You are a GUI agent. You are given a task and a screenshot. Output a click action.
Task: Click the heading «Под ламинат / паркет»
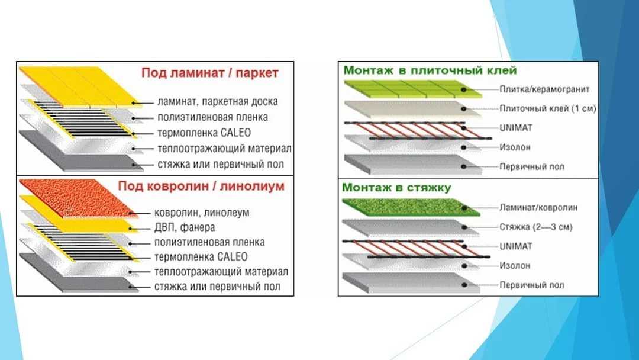210,73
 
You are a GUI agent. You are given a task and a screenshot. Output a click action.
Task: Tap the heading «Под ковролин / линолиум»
201,187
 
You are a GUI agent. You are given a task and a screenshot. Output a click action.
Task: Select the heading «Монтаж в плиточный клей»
430,70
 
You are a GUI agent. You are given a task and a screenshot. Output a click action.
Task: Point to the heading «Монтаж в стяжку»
396,188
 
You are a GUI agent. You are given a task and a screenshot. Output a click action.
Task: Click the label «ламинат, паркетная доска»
218,102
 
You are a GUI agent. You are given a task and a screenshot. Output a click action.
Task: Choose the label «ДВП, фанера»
185,227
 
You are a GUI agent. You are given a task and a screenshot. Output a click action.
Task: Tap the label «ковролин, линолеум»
202,213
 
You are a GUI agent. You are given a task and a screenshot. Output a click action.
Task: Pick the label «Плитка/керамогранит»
544,89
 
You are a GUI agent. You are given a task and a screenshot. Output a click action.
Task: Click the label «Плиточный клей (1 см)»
548,108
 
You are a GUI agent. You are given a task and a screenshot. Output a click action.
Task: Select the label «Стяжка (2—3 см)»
536,227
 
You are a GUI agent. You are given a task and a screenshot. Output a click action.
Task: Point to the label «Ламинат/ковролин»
538,207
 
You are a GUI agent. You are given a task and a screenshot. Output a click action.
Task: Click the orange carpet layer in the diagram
75,198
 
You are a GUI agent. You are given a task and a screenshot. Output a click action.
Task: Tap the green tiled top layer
412,89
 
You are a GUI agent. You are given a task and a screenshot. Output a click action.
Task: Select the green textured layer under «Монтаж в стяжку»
409,207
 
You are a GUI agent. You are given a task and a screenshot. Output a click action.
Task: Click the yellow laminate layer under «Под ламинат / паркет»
79,86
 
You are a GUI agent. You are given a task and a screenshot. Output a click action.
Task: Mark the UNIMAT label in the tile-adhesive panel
516,128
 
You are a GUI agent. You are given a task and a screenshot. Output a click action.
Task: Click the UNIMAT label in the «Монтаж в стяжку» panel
516,246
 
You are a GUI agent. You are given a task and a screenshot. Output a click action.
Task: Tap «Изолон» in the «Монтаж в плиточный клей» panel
515,147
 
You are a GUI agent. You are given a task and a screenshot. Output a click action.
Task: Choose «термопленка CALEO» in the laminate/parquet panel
204,133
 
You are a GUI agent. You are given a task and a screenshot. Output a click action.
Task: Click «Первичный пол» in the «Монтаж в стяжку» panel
532,285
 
